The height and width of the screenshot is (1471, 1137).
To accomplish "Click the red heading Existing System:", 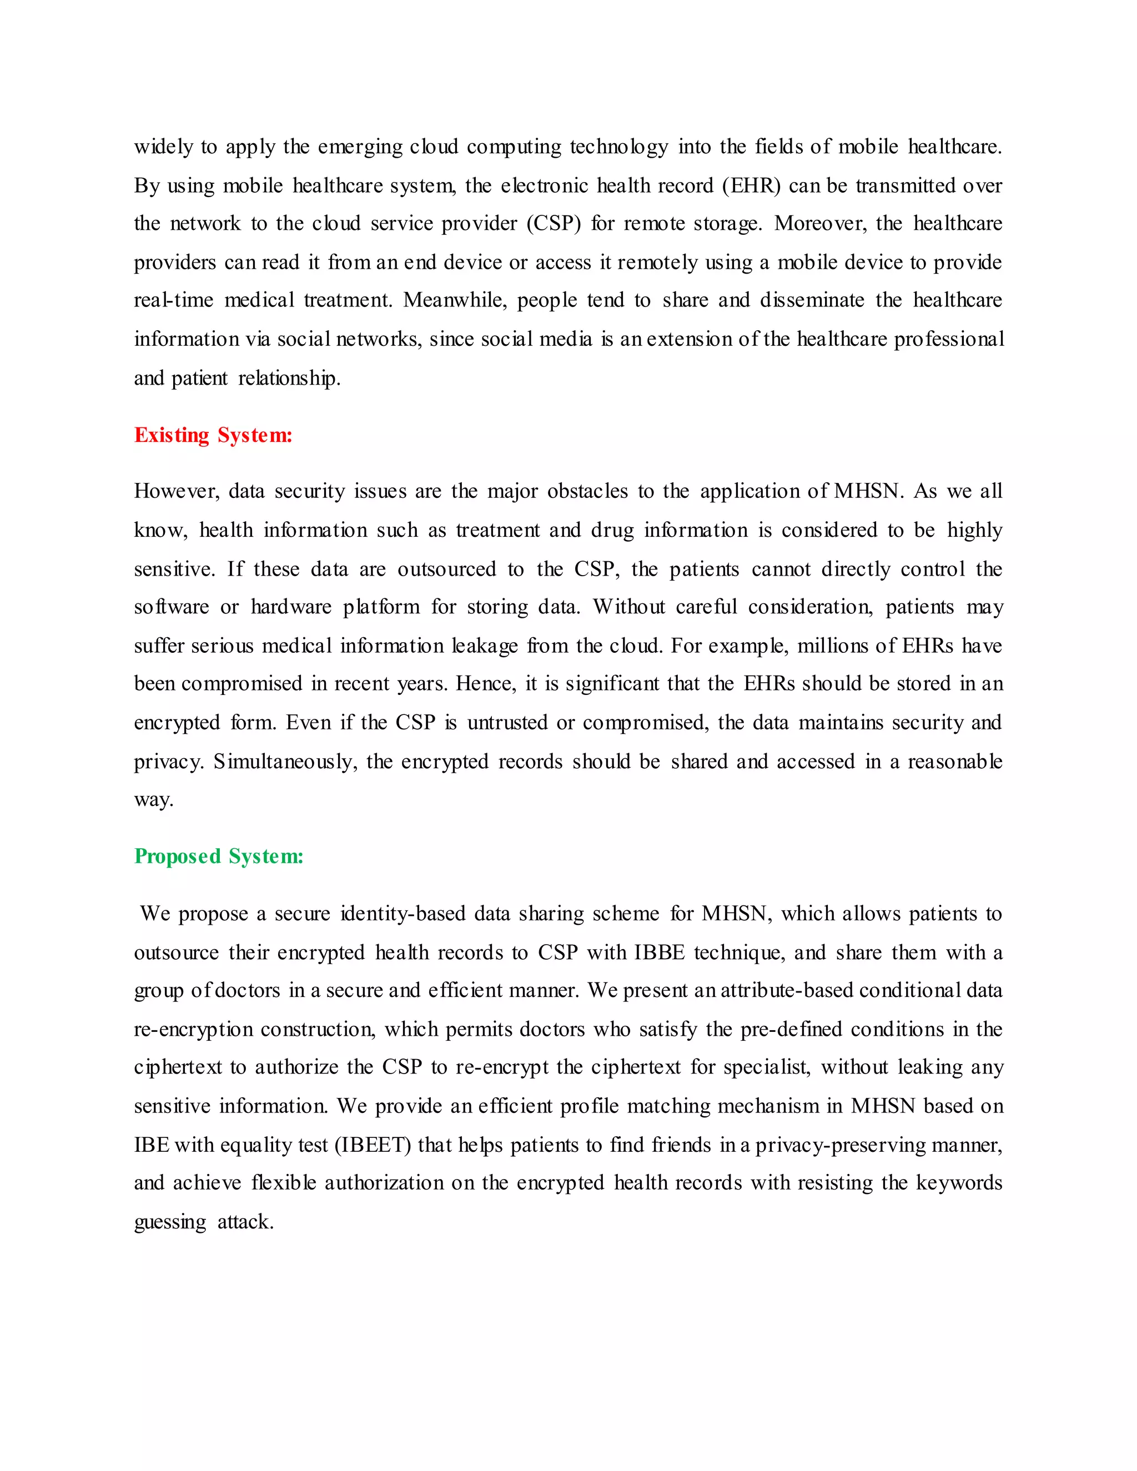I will (213, 435).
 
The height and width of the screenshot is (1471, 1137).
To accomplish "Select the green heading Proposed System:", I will (219, 856).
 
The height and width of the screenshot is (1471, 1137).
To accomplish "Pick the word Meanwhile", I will (455, 300).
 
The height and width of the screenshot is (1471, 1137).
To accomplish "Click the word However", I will (177, 491).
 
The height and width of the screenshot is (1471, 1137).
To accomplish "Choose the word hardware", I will (291, 607).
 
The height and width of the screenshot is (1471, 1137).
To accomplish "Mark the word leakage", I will (484, 646).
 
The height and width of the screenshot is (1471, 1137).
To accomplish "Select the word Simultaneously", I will (285, 762).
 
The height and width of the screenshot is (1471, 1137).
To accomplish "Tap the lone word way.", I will (154, 800).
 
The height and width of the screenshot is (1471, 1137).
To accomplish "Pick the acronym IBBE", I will (660, 953).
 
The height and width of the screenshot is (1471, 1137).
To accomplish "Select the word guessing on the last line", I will (170, 1222).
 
